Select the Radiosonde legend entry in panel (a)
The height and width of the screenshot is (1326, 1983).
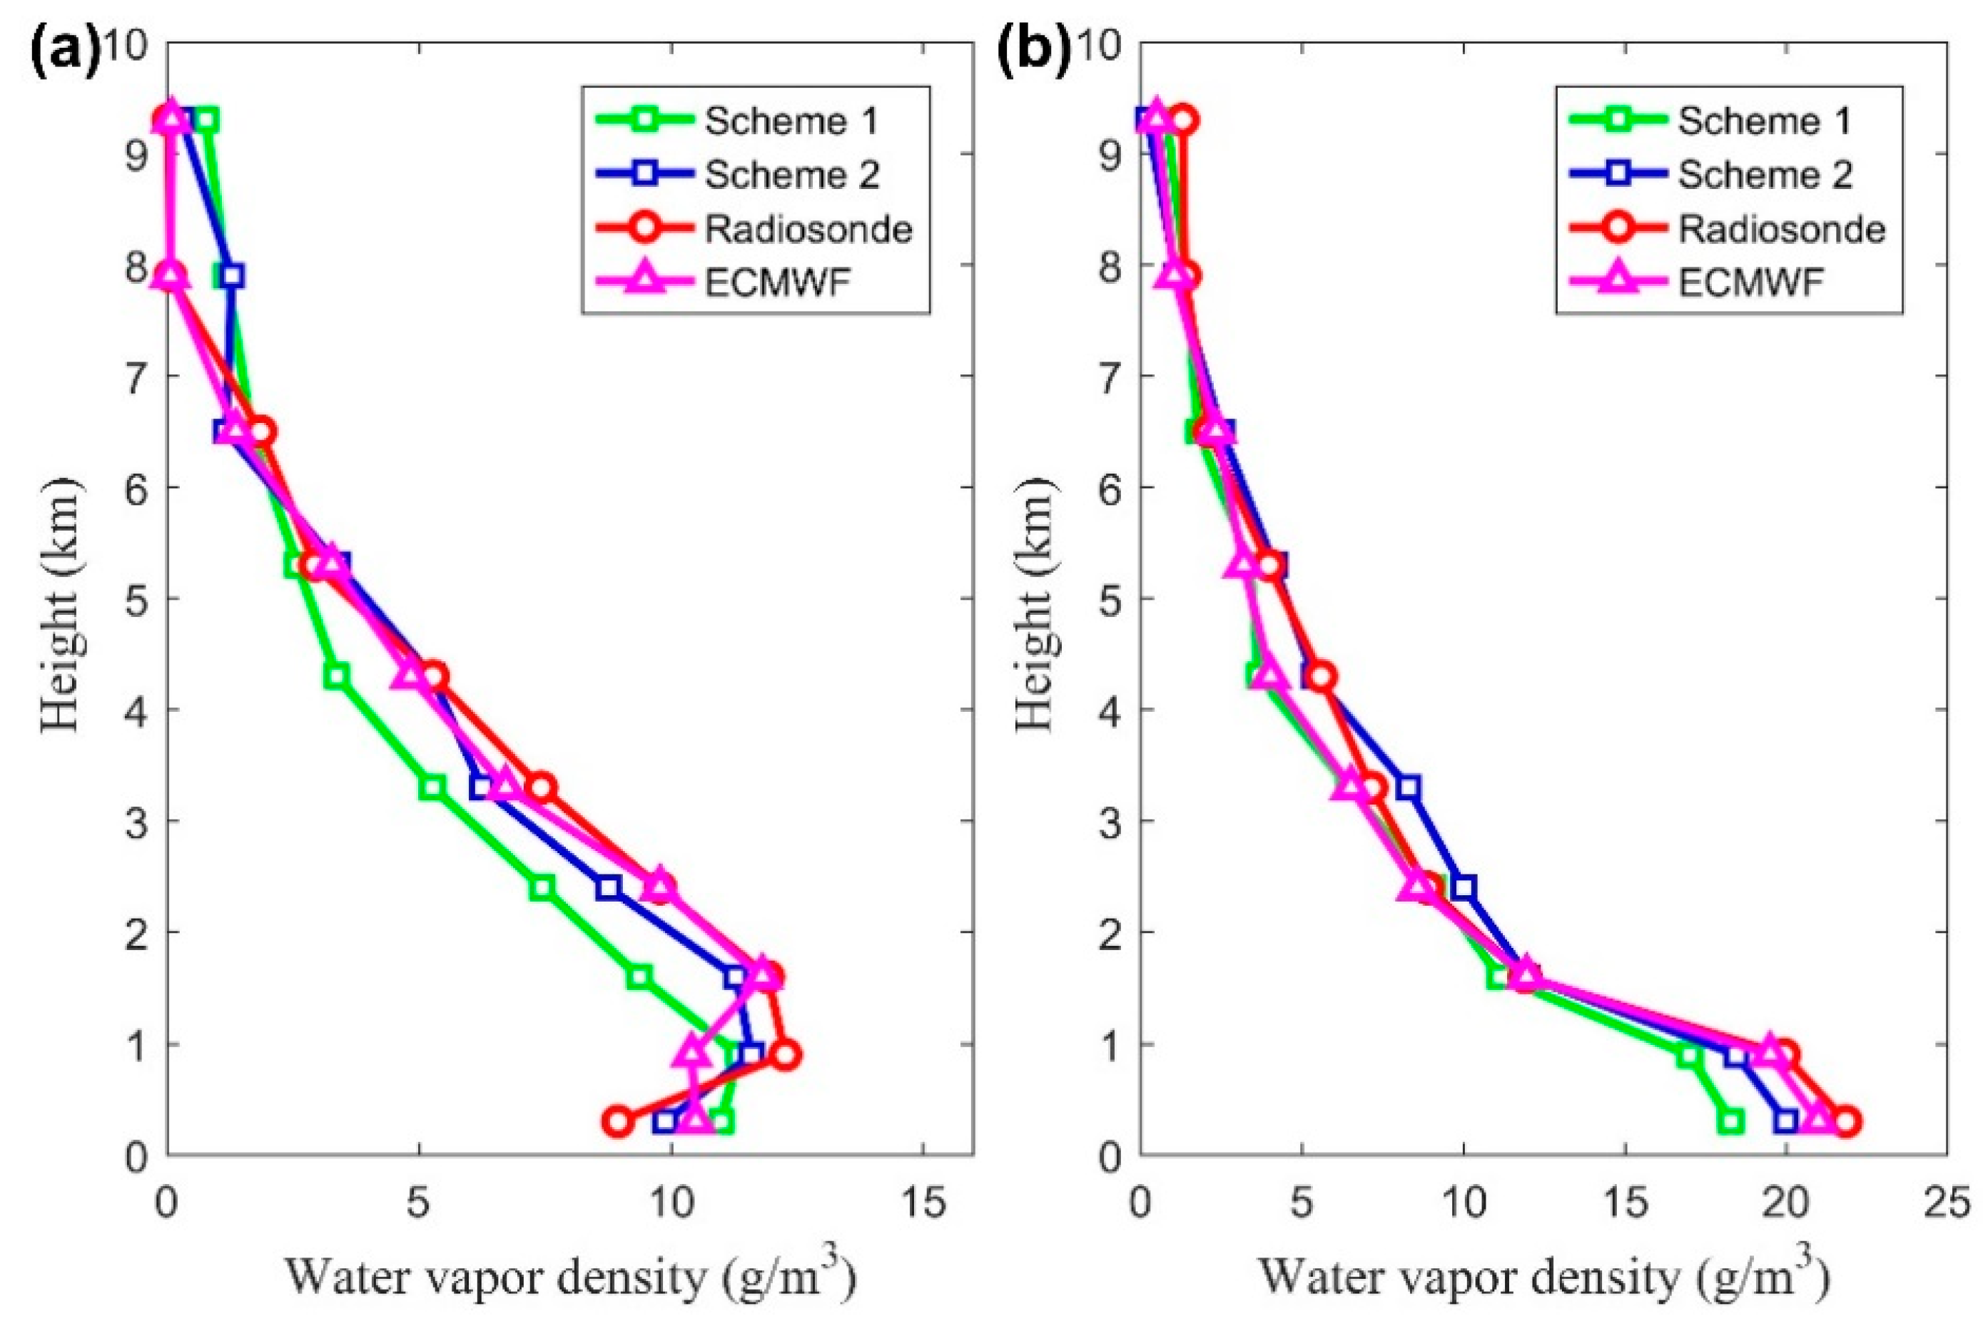point(808,229)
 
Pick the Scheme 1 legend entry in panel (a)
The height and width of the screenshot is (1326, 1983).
point(791,121)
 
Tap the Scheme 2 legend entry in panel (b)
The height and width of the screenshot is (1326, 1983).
point(1765,175)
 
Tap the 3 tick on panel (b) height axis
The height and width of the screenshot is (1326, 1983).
point(1112,822)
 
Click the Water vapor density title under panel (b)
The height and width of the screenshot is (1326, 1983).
point(1544,1279)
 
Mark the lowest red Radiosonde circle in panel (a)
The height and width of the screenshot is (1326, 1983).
point(619,1122)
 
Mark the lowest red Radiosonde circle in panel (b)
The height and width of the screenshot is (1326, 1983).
point(1846,1122)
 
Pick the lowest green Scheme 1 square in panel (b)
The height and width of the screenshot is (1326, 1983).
point(1731,1122)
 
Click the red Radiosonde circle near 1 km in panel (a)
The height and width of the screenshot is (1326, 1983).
point(785,1054)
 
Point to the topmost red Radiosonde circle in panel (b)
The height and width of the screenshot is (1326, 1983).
point(1185,120)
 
